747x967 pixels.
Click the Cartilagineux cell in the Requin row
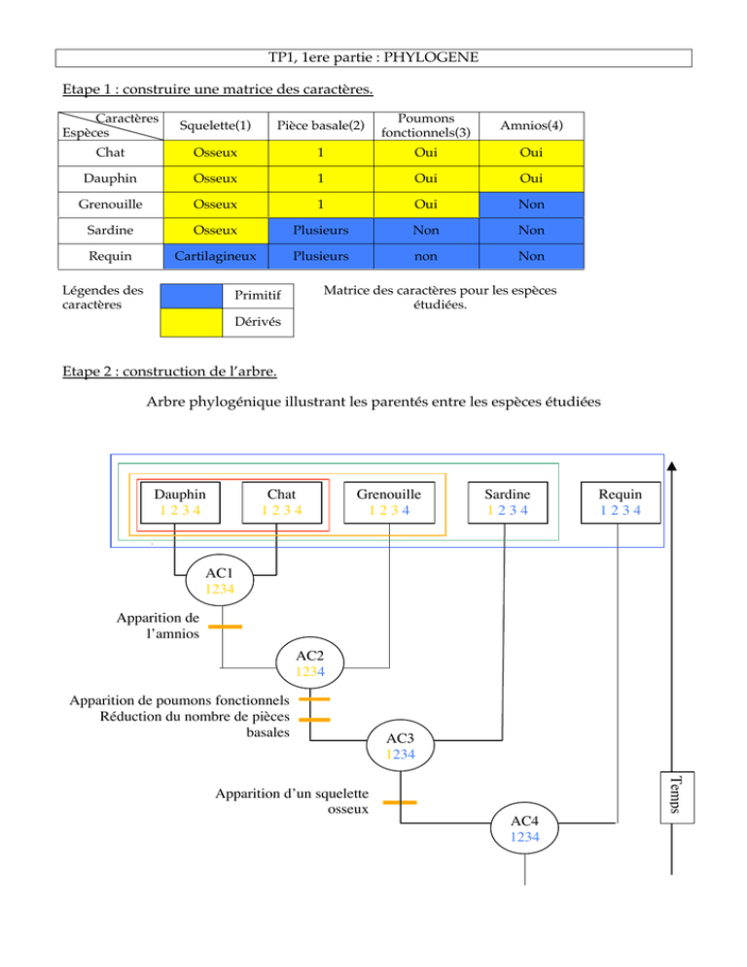(215, 256)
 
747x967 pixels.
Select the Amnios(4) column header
(531, 125)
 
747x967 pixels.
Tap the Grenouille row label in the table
(111, 204)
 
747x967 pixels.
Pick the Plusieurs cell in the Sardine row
(321, 230)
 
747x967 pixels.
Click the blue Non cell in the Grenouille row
(531, 204)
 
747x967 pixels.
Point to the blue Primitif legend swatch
(192, 296)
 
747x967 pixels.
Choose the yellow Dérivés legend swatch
(192, 323)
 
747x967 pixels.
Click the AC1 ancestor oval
(220, 581)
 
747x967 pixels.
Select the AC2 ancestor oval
(309, 663)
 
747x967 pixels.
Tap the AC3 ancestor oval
(401, 745)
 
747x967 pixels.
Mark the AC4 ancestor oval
(524, 828)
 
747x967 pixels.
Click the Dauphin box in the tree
(180, 503)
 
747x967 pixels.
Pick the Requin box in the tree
(621, 503)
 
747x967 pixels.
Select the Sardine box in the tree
(508, 503)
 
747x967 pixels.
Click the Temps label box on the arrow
(677, 798)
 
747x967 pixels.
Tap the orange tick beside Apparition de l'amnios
(225, 627)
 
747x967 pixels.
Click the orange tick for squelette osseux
(400, 803)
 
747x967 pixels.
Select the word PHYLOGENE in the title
(431, 57)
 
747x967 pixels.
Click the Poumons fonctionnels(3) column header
(426, 125)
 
